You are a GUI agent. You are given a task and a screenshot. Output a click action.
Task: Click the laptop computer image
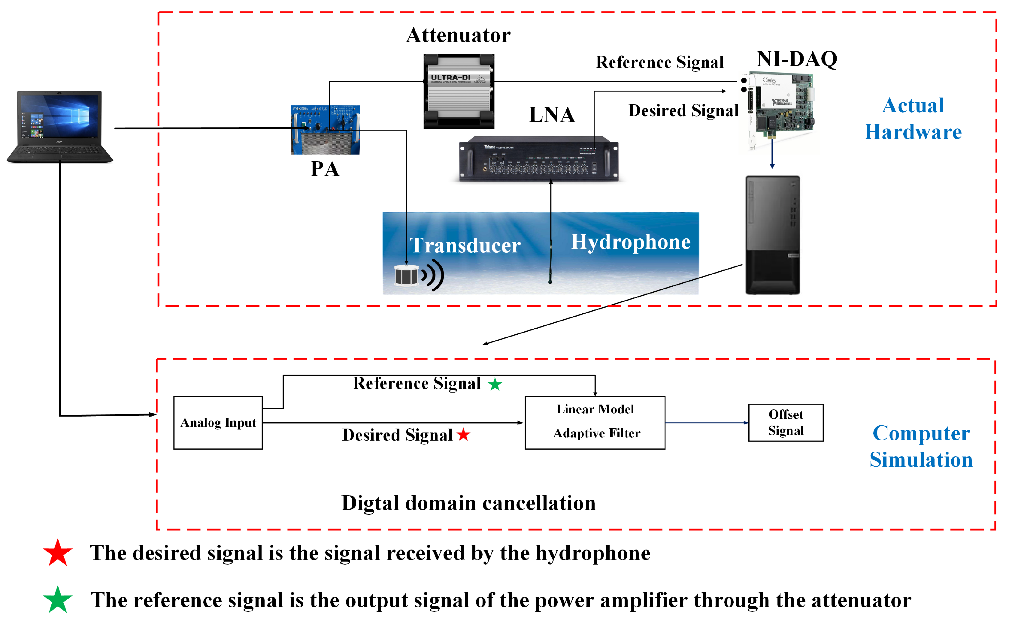click(x=60, y=127)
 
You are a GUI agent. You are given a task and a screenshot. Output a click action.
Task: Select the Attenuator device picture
click(x=459, y=91)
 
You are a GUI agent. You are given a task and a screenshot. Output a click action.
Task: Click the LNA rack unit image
click(x=538, y=159)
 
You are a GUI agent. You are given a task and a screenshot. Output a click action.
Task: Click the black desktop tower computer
click(x=772, y=235)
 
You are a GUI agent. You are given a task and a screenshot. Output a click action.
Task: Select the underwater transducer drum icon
click(x=407, y=275)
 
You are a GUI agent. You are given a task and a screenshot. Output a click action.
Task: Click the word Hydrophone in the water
click(x=631, y=242)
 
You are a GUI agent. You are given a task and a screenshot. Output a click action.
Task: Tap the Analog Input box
click(x=218, y=423)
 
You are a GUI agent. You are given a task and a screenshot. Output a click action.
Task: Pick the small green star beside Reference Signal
click(x=495, y=384)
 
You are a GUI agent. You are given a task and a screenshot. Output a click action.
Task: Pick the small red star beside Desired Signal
click(x=464, y=435)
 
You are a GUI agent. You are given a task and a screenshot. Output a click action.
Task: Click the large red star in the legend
click(x=58, y=553)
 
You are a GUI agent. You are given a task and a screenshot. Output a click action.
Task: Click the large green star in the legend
click(x=58, y=600)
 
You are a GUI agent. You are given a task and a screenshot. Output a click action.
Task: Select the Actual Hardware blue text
click(x=913, y=119)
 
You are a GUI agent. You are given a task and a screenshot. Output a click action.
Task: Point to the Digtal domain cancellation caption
click(x=468, y=503)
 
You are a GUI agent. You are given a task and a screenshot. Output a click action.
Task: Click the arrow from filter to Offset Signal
click(x=706, y=423)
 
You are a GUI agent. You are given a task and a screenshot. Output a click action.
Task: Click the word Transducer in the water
click(x=465, y=246)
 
